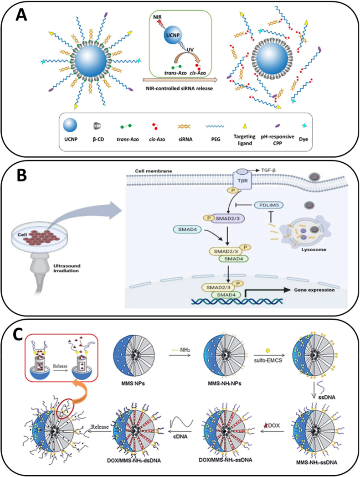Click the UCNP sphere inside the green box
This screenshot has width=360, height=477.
172,35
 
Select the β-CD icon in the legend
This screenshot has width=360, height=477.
98,125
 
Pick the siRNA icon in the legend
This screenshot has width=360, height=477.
185,126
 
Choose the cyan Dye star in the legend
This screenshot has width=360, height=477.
303,126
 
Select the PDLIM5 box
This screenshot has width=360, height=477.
268,205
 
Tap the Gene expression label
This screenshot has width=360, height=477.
314,290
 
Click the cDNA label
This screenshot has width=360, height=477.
180,436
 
